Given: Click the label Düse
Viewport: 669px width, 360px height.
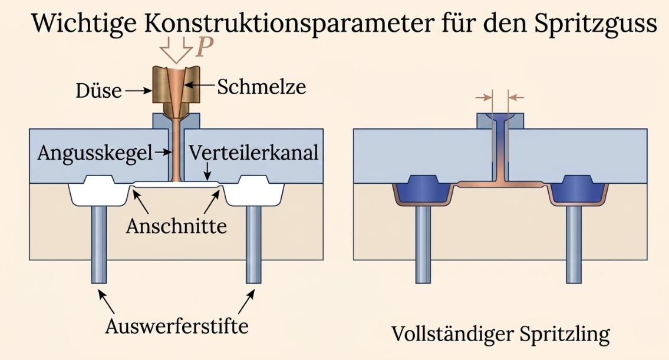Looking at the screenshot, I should [98, 91].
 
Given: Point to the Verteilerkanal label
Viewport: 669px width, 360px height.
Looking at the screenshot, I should [254, 153].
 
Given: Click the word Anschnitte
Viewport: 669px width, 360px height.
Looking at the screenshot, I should [176, 226].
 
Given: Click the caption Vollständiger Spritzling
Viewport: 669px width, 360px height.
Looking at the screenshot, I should [500, 334].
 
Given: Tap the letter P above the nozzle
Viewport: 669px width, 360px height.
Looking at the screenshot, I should [204, 47].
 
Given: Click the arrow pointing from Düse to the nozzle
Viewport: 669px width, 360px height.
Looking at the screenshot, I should [139, 91].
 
